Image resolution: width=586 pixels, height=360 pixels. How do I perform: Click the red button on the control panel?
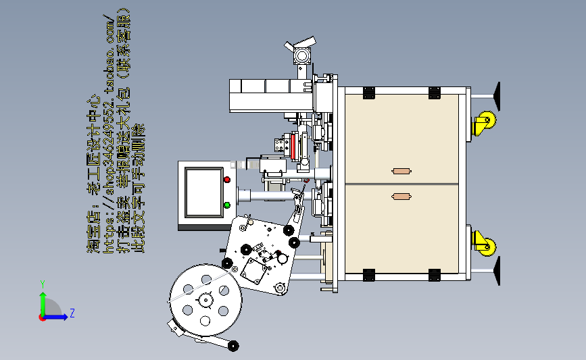point(227,180)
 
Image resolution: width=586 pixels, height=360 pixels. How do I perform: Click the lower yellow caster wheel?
point(484,242)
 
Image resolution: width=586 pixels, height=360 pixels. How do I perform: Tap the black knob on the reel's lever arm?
point(233,346)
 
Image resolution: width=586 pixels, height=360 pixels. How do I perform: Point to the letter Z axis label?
point(72,313)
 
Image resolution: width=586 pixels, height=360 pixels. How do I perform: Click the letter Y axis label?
point(42,284)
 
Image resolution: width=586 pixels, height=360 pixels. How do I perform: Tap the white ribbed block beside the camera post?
point(263,95)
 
